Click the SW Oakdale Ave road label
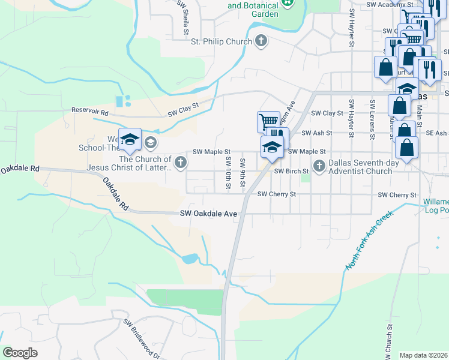(209, 214)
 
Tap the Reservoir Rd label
(90, 111)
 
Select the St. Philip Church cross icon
(261, 41)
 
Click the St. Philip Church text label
(220, 42)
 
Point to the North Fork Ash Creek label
(369, 240)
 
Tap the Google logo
(20, 352)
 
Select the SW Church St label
(390, 342)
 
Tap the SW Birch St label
(291, 171)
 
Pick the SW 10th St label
(228, 173)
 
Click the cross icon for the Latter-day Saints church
(180, 162)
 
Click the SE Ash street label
(437, 133)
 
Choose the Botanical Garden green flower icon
(289, 3)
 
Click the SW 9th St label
(243, 173)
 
